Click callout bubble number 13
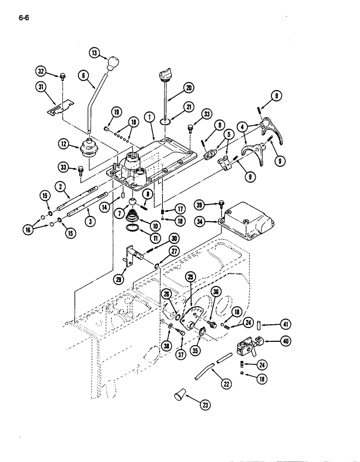pos(96,53)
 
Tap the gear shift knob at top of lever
pos(112,62)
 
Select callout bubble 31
pos(42,86)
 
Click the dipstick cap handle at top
pos(165,73)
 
